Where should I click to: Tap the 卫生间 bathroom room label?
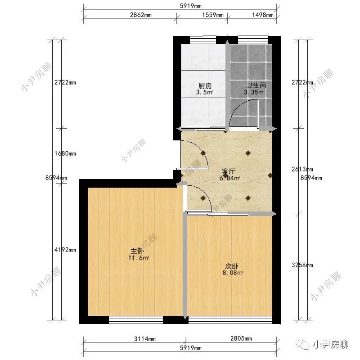(254, 85)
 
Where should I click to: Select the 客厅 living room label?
(229, 171)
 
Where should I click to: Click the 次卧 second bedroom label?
(232, 265)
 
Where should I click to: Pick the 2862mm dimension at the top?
(140, 15)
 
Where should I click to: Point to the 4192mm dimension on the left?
(65, 250)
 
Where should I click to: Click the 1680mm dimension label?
(65, 153)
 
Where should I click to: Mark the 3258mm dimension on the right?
(302, 265)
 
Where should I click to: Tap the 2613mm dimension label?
(302, 169)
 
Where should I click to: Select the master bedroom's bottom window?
(135, 320)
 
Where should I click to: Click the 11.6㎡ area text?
(139, 258)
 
